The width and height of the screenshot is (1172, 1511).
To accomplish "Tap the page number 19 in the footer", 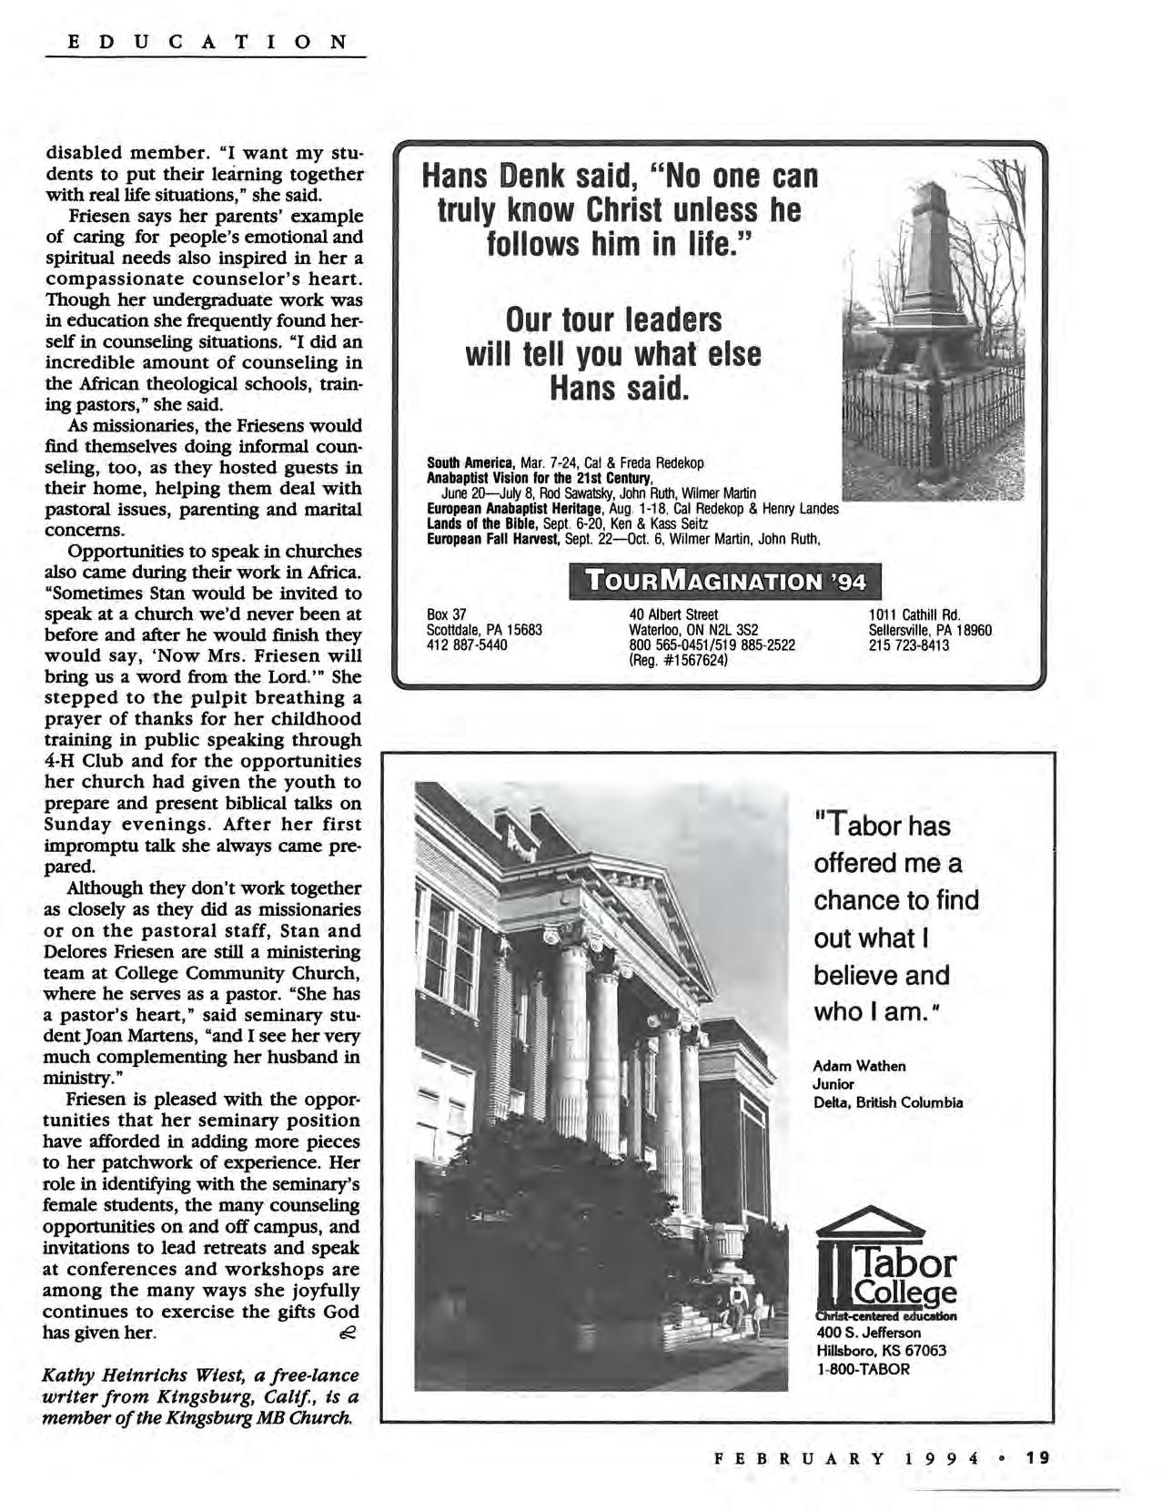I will click(1037, 1457).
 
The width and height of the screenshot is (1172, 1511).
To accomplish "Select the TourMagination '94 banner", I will click(724, 581).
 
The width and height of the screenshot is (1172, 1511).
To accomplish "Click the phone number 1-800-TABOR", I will click(863, 1368).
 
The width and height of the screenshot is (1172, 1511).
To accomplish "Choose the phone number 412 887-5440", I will click(467, 645).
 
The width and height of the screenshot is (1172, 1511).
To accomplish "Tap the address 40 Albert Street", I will click(673, 614).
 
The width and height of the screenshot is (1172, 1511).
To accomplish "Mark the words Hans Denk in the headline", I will click(497, 176).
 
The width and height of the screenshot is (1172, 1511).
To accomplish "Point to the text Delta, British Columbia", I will click(887, 1102).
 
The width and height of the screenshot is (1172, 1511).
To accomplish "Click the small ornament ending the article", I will click(347, 1333).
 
